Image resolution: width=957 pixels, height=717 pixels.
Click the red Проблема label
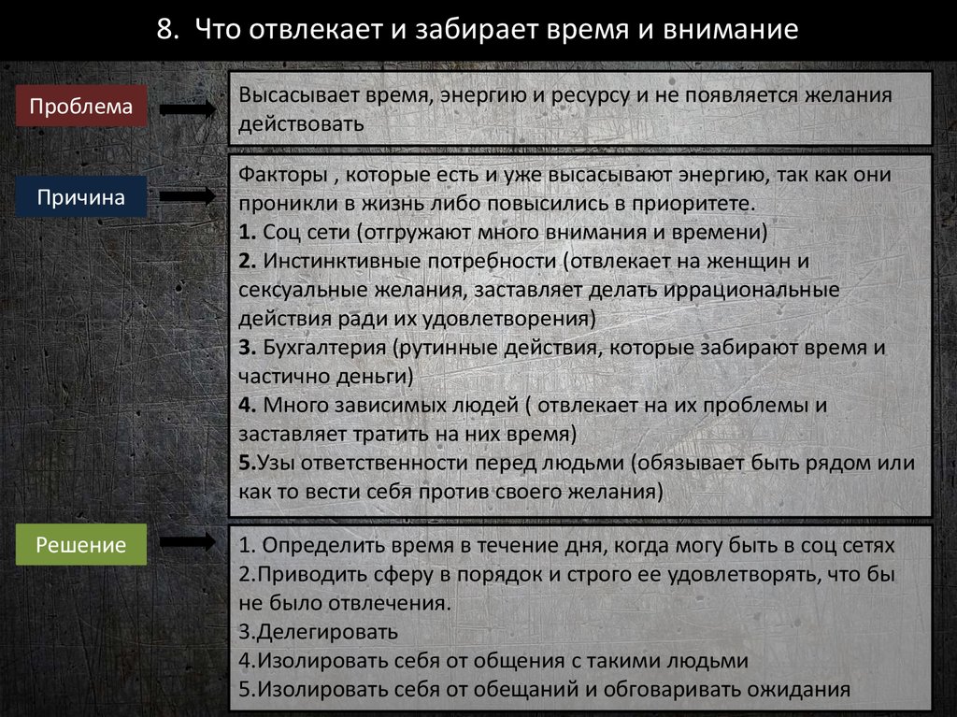coord(81,106)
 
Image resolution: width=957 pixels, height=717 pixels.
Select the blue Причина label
coord(81,197)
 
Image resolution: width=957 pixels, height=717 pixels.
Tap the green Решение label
coord(81,545)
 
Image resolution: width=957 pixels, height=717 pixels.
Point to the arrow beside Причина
coord(190,198)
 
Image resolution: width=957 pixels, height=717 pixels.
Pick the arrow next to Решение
coord(190,543)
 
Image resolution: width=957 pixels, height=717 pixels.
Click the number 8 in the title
coord(165,30)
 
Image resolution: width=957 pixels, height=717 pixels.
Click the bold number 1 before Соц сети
coord(243,233)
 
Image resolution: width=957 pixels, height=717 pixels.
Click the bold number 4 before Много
coord(243,406)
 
